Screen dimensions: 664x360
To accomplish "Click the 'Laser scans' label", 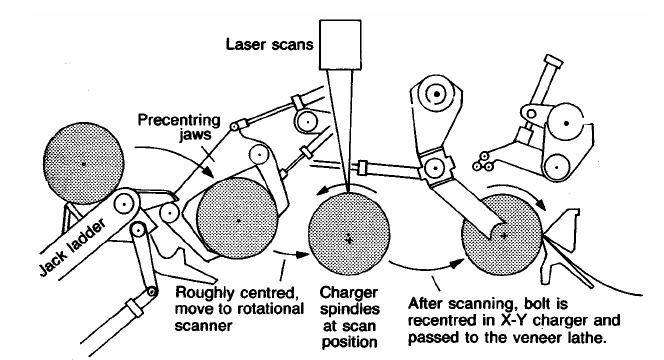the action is click(269, 44).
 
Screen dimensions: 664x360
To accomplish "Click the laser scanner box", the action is click(340, 44).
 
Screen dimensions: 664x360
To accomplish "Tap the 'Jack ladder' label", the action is click(72, 248).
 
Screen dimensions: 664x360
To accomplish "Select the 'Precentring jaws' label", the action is click(179, 127).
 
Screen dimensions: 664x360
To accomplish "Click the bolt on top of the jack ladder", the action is click(83, 163).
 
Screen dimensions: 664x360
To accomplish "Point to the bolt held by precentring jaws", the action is click(237, 219).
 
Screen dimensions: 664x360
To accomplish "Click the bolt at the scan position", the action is click(349, 235).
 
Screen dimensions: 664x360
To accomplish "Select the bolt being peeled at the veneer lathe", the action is click(502, 235).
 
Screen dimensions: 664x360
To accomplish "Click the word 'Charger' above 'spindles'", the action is click(349, 293).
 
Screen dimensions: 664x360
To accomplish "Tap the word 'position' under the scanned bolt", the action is click(349, 342).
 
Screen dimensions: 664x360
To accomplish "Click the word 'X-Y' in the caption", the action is click(513, 321).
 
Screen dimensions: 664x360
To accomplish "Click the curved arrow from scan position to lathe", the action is click(426, 266).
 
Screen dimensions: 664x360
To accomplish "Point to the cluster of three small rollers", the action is click(483, 161).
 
